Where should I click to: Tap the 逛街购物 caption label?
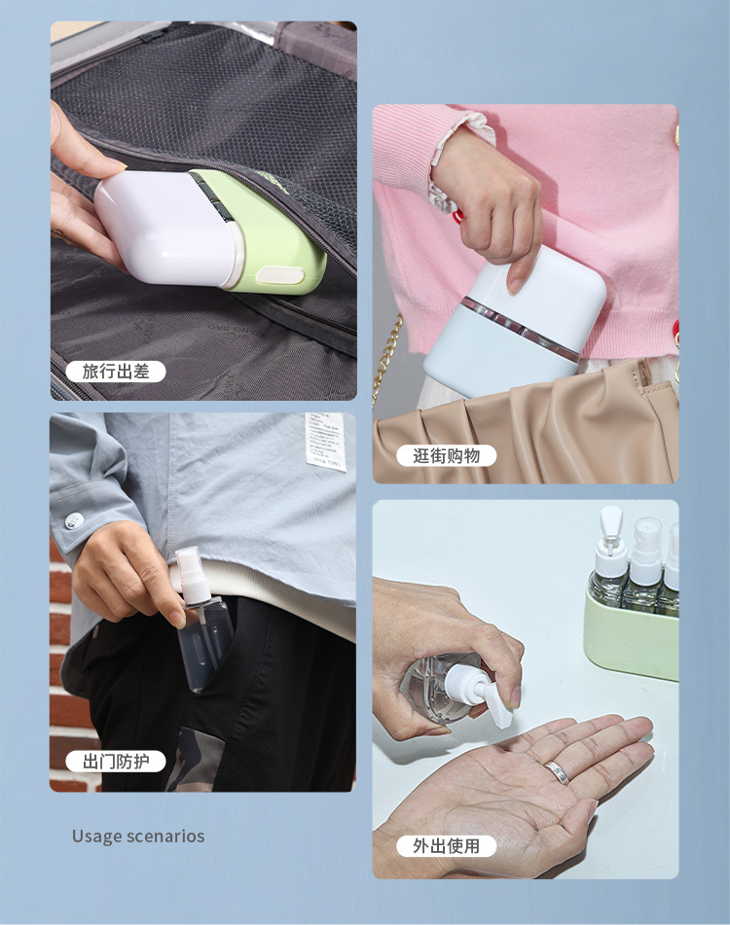447,455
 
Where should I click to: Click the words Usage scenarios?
138,836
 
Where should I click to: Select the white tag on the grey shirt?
325,440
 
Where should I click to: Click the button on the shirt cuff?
73,521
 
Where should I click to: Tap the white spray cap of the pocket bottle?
188,569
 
